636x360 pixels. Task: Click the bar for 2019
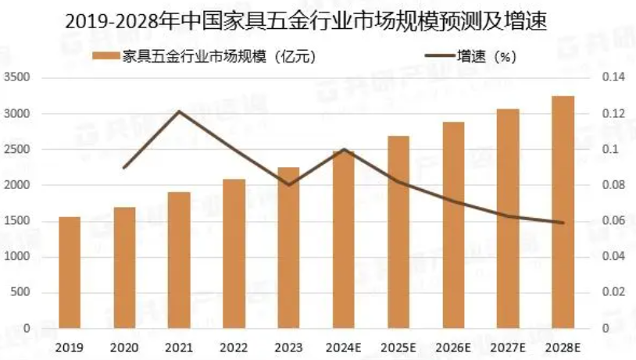click(70, 273)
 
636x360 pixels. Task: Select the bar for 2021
click(179, 260)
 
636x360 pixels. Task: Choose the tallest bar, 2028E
click(563, 212)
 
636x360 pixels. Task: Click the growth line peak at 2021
click(179, 111)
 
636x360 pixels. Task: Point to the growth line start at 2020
click(124, 168)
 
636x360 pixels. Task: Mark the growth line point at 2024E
click(344, 149)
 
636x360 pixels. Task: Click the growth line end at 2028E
click(563, 223)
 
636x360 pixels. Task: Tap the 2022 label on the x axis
click(234, 344)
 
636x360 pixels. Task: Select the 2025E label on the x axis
click(398, 344)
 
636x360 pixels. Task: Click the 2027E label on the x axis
click(508, 344)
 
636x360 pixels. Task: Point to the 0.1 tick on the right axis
click(609, 149)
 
